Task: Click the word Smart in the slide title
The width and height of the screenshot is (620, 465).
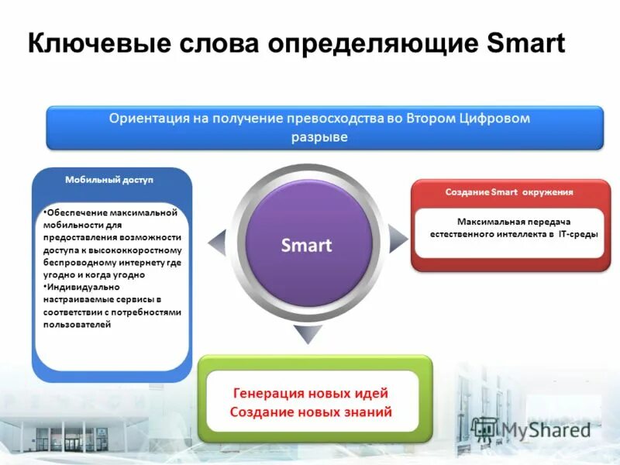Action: [x=526, y=43]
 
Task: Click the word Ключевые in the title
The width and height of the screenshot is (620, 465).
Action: [x=91, y=43]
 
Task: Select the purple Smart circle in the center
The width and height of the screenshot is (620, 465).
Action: [x=306, y=246]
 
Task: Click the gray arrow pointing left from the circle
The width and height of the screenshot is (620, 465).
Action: [x=217, y=242]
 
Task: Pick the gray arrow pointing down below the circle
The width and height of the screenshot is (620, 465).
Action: [x=308, y=334]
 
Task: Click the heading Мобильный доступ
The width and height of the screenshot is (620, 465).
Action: [x=109, y=180]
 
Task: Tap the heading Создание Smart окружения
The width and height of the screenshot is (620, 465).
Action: [x=509, y=191]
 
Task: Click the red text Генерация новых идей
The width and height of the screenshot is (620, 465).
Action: [x=311, y=394]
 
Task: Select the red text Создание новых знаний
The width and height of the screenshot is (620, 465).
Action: [x=311, y=412]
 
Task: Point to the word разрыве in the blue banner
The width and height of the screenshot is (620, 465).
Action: [x=319, y=137]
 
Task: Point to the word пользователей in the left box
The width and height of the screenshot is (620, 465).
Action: [x=77, y=325]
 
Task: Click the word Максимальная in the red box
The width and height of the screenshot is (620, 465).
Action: [x=483, y=222]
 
